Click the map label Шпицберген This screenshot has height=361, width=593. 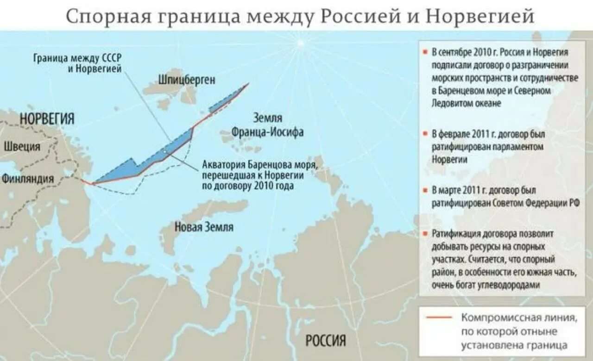tap(187, 80)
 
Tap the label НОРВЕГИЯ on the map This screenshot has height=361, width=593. tap(47, 119)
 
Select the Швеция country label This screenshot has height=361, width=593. tap(22, 146)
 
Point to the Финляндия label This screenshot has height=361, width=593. tap(28, 179)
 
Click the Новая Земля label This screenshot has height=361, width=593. tap(204, 227)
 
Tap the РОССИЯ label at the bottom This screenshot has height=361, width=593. tap(326, 341)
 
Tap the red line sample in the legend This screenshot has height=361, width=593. tap(437, 317)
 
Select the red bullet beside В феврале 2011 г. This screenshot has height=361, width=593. tap(425, 134)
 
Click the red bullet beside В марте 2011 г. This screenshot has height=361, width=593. tap(425, 190)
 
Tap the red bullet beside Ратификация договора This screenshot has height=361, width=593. tap(425, 234)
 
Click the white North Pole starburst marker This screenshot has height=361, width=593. tap(300, 44)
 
